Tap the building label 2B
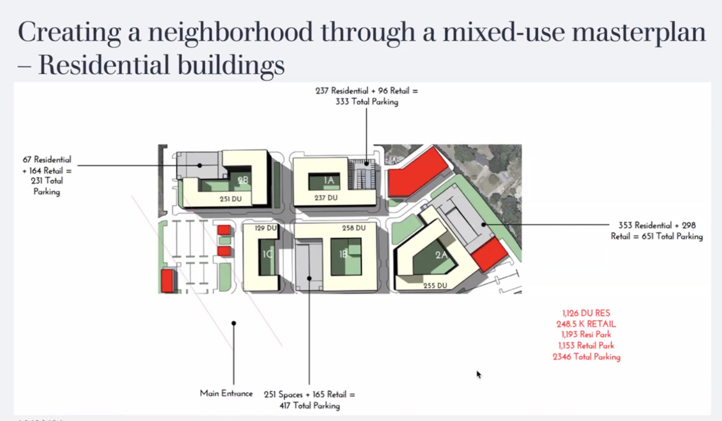pyautogui.click(x=243, y=180)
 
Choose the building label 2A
pyautogui.click(x=441, y=255)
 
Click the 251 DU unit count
pyautogui.click(x=231, y=199)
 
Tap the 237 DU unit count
pyautogui.click(x=326, y=198)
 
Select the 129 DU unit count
pyautogui.click(x=266, y=228)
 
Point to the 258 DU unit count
pyautogui.click(x=354, y=228)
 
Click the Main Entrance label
pyautogui.click(x=226, y=394)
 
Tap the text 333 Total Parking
pyautogui.click(x=367, y=102)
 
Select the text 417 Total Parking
pyautogui.click(x=310, y=406)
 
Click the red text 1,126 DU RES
pyautogui.click(x=586, y=313)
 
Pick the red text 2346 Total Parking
pyautogui.click(x=586, y=357)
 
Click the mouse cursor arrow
pyautogui.click(x=479, y=375)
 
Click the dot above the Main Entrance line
pyautogui.click(x=234, y=323)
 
